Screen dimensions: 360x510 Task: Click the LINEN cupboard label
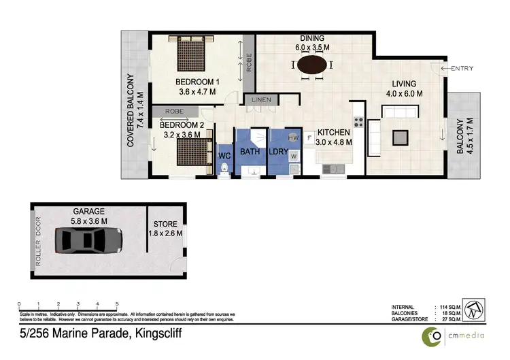click(262, 101)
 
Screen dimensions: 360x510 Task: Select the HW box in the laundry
click(293, 138)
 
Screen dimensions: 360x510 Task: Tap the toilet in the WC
click(224, 170)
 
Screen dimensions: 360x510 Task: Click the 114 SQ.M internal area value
click(445, 307)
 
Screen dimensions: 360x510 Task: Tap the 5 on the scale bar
click(118, 304)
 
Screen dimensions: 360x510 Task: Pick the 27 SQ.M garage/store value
click(445, 318)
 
